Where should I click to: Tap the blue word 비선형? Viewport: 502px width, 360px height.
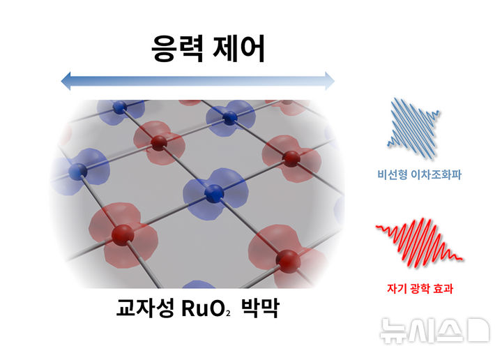click(393, 176)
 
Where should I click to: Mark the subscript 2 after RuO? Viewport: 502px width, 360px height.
click(227, 313)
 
